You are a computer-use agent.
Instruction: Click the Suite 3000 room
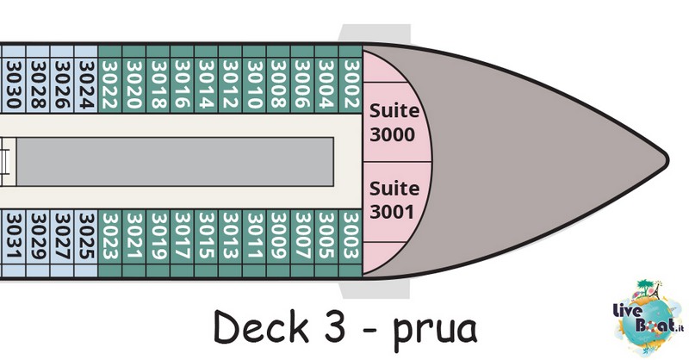[394, 122]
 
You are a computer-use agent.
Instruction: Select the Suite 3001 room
[394, 202]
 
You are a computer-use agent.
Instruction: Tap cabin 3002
[351, 84]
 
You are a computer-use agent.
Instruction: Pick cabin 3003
[351, 237]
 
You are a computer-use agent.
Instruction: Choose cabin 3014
[206, 84]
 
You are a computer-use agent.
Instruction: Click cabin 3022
[109, 84]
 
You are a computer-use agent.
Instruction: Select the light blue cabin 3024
[85, 84]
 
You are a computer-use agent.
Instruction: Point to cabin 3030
[14, 84]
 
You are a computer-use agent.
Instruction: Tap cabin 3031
[14, 237]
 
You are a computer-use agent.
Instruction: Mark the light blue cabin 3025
[85, 237]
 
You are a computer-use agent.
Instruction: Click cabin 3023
[109, 237]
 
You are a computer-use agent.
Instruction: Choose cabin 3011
[254, 237]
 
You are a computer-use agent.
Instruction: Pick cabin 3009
[278, 237]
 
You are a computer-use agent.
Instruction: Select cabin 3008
[278, 84]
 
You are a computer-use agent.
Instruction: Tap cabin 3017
[182, 237]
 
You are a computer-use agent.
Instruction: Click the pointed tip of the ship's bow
[668, 159]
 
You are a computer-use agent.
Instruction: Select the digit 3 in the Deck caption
[334, 326]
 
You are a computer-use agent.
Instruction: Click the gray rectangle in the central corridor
[175, 161]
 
